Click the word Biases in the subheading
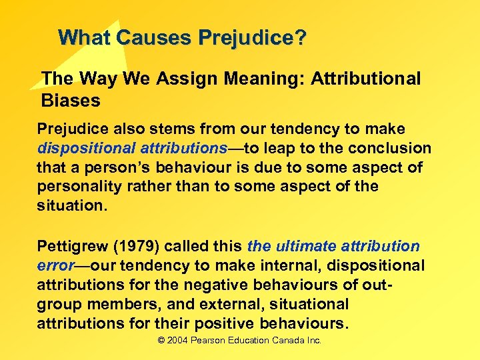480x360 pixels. click(x=71, y=101)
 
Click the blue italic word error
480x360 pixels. click(x=55, y=265)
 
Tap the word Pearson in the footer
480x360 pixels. click(x=211, y=341)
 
